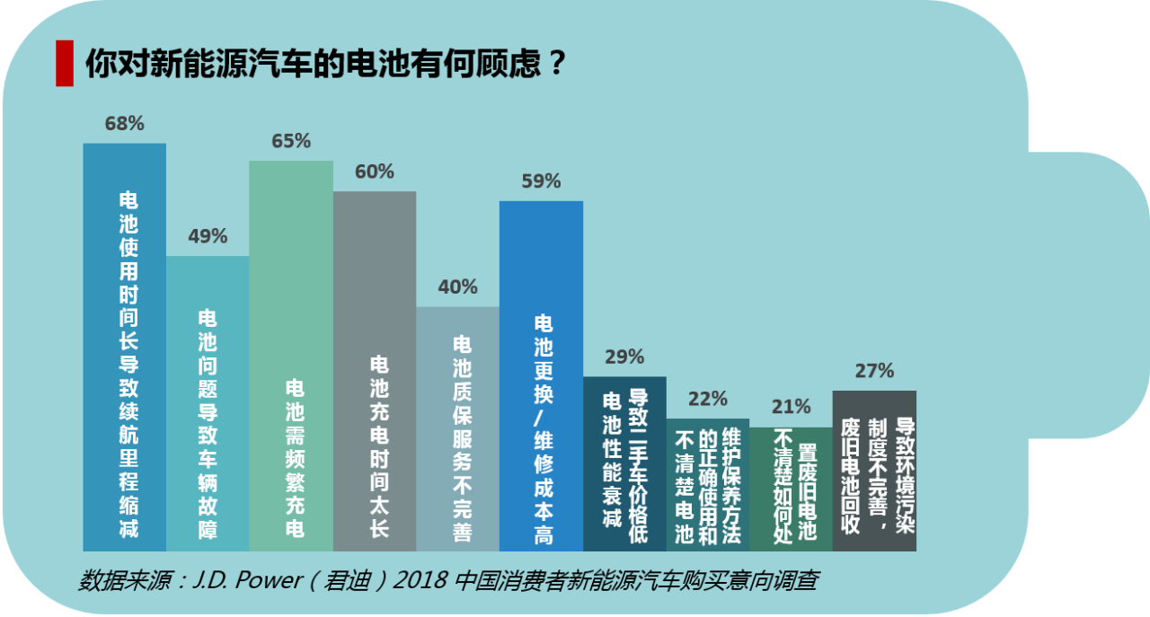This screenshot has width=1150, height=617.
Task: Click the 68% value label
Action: click(124, 124)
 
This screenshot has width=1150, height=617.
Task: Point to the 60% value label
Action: click(374, 172)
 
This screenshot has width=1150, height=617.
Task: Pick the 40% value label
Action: click(457, 287)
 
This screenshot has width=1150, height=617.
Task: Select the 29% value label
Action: click(624, 357)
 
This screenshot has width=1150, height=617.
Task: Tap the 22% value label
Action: click(707, 399)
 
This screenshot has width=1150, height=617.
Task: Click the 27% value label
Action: click(874, 370)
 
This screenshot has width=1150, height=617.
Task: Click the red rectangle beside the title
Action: click(64, 63)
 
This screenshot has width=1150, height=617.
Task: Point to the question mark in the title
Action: click(557, 63)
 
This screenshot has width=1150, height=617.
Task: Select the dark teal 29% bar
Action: click(624, 463)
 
